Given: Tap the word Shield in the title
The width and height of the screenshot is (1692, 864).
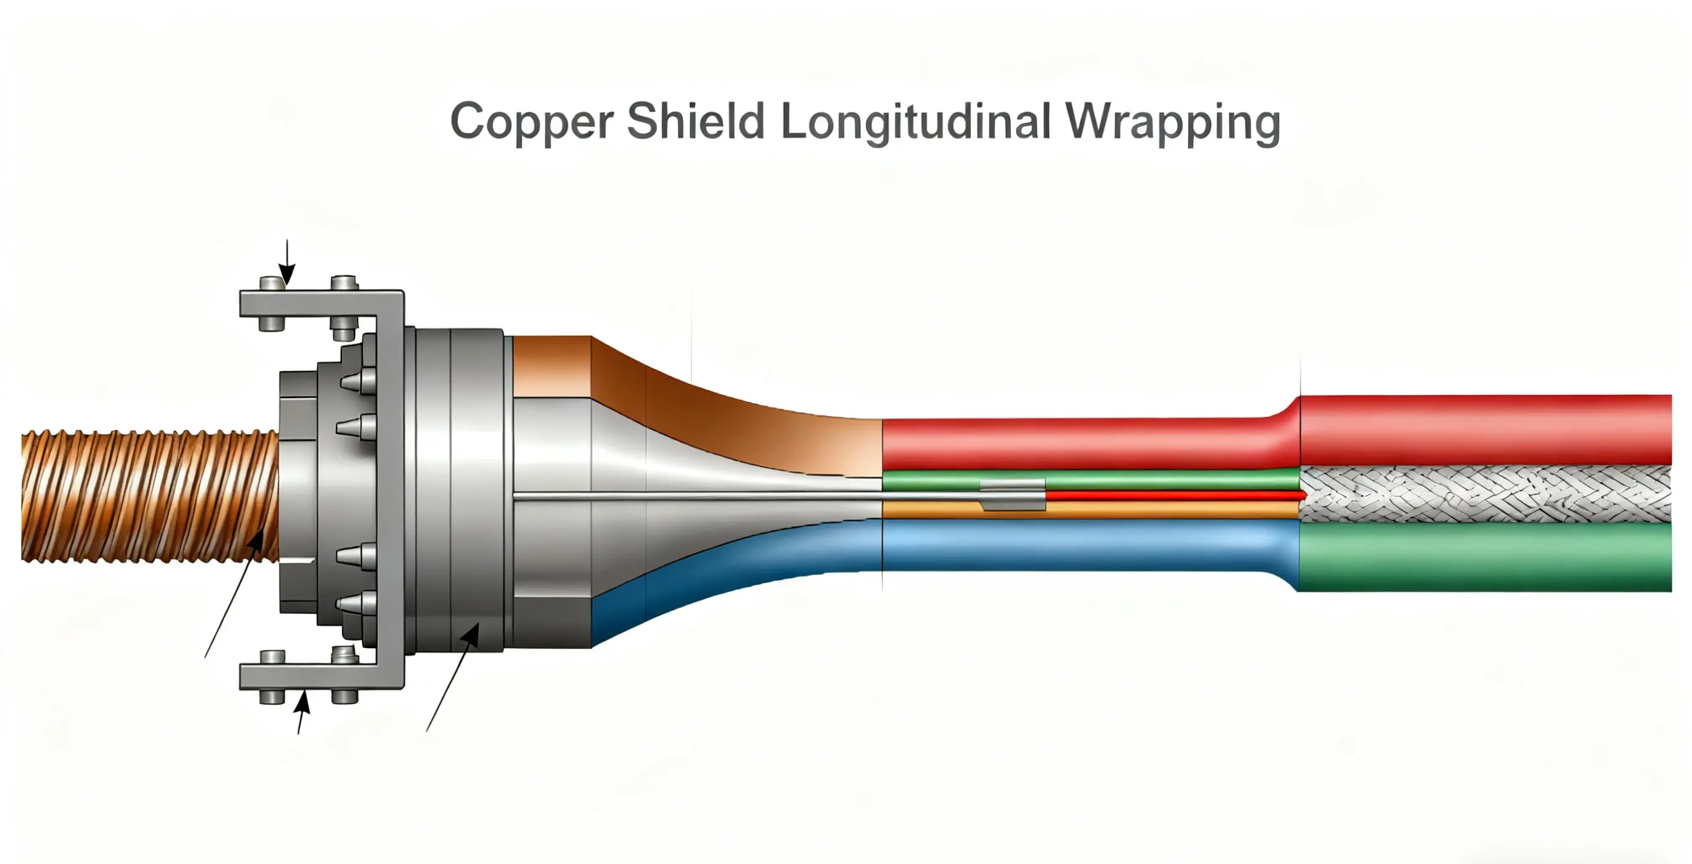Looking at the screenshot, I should click(x=696, y=121).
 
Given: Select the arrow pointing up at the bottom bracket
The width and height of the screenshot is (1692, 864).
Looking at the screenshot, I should click(x=301, y=712).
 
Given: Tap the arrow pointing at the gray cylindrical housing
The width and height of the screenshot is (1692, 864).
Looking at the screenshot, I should click(x=453, y=677).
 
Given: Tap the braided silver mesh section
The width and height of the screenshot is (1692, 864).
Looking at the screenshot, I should click(x=1484, y=495).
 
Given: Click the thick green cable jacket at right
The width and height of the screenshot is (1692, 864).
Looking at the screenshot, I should click(x=1484, y=557).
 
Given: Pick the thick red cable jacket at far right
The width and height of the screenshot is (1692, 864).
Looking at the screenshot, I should click(x=1484, y=430).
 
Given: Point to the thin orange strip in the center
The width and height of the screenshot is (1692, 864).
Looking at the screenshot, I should click(x=1150, y=510).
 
